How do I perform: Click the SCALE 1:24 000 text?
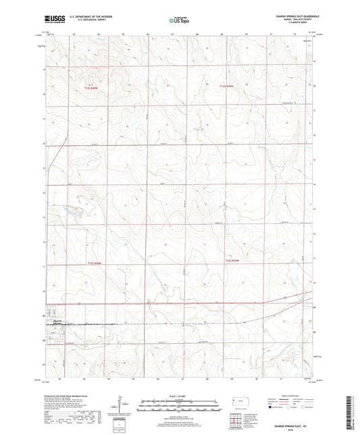(179, 395)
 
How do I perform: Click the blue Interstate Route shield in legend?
(272, 408)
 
